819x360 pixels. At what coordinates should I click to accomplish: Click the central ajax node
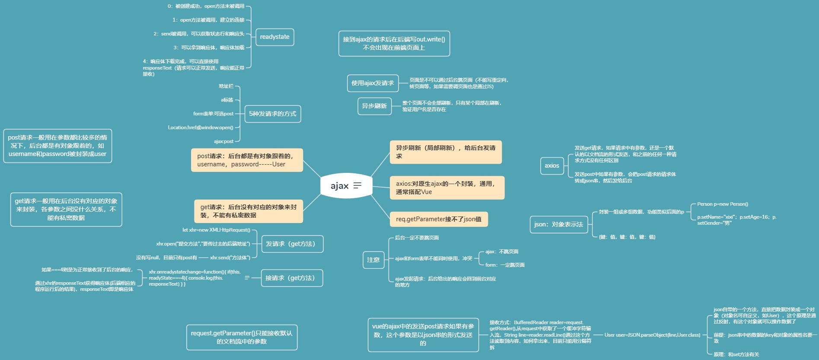[340, 186]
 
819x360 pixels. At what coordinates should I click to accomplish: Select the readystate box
[274, 37]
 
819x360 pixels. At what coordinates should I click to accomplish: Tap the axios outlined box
[552, 166]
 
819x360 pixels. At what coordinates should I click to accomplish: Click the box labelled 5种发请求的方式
[272, 114]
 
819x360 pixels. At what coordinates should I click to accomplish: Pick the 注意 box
[373, 260]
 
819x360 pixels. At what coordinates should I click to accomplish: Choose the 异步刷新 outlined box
[374, 106]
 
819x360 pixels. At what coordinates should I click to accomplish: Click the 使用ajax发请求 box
[372, 83]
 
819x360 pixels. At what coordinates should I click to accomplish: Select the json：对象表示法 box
[558, 225]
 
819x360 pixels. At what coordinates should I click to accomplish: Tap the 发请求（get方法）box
[292, 244]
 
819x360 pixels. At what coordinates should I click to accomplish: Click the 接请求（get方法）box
[292, 278]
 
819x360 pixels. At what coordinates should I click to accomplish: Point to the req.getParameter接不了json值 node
[439, 220]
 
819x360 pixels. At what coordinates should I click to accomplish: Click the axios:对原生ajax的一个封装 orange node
[446, 188]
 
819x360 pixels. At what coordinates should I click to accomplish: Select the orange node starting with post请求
[247, 160]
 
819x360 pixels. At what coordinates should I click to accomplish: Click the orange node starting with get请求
[249, 211]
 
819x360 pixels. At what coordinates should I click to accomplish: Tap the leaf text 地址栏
[226, 86]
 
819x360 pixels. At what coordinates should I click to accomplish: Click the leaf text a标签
[227, 100]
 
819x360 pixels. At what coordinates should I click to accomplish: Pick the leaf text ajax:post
[223, 141]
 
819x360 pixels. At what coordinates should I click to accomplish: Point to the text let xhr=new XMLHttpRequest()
[216, 230]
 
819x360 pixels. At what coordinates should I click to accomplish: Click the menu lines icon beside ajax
[357, 186]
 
